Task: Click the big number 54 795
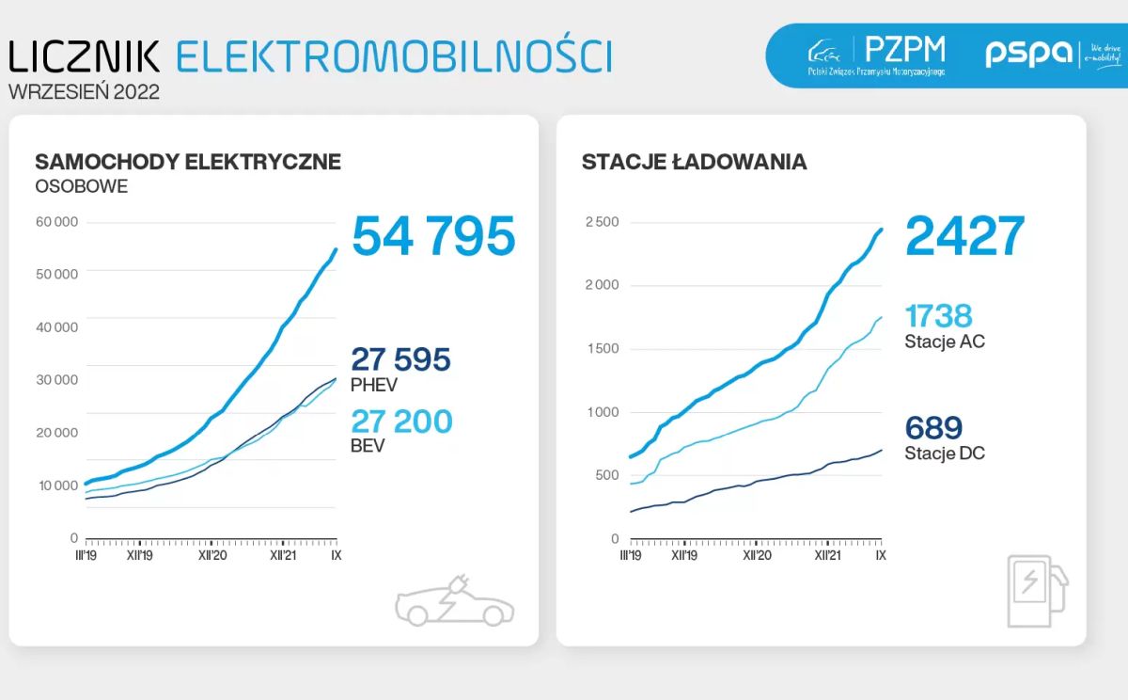click(433, 236)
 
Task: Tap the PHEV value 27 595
click(400, 359)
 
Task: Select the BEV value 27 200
click(401, 422)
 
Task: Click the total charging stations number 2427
click(964, 236)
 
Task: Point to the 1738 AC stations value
click(938, 316)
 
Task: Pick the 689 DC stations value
click(933, 429)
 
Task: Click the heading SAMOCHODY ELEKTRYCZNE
click(188, 162)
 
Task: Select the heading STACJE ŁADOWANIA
click(694, 162)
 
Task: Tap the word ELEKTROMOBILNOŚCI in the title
click(394, 56)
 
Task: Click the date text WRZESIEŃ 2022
click(84, 92)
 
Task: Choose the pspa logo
click(1028, 54)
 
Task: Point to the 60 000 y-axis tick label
click(57, 222)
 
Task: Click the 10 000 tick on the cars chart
click(57, 485)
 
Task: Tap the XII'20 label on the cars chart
click(212, 556)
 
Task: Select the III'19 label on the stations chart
click(630, 556)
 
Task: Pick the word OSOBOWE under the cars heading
click(81, 186)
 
